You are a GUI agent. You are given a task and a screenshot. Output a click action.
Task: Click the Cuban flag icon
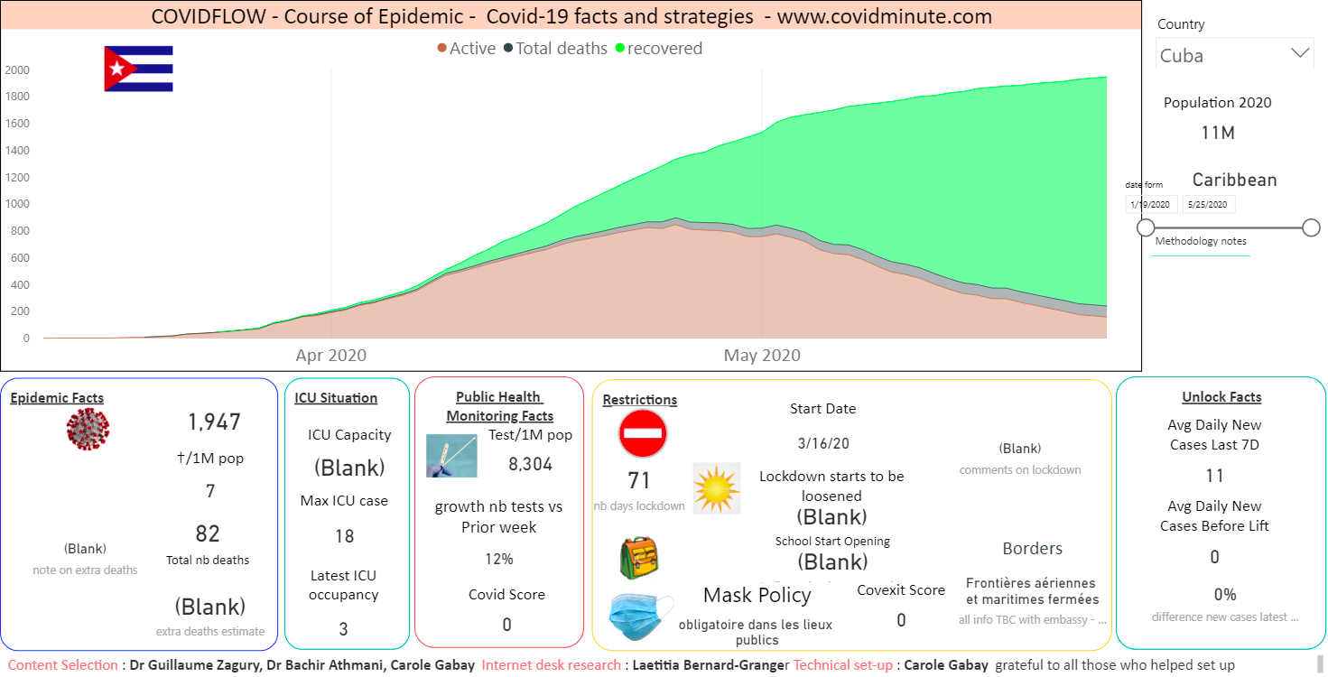pyautogui.click(x=138, y=69)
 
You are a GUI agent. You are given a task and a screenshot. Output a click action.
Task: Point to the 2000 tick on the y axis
pyautogui.click(x=17, y=70)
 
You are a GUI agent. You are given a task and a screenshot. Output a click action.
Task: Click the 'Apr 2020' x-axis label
pyautogui.click(x=331, y=356)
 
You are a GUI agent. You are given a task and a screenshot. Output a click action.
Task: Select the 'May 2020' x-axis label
pyautogui.click(x=762, y=356)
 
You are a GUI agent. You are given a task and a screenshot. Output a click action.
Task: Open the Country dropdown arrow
pyautogui.click(x=1300, y=53)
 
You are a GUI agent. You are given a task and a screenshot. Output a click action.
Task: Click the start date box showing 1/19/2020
pyautogui.click(x=1152, y=205)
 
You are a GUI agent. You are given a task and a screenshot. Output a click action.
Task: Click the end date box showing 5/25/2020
pyautogui.click(x=1209, y=205)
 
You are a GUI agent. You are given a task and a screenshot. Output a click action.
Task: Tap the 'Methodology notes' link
pyautogui.click(x=1201, y=241)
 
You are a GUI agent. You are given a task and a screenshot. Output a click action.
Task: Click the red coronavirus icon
pyautogui.click(x=88, y=428)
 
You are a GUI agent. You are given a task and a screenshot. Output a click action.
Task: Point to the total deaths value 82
pyautogui.click(x=208, y=533)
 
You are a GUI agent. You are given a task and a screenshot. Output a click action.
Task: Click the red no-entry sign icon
pyautogui.click(x=643, y=434)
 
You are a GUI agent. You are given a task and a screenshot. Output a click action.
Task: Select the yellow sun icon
pyautogui.click(x=717, y=488)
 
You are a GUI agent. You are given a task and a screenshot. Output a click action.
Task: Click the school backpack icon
pyautogui.click(x=639, y=557)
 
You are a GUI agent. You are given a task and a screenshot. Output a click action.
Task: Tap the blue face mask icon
pyautogui.click(x=640, y=617)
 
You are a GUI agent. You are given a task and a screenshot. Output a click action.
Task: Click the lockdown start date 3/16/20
pyautogui.click(x=823, y=443)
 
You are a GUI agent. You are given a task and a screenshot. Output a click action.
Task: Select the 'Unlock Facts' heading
pyautogui.click(x=1221, y=397)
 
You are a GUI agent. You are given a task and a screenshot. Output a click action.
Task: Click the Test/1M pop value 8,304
pyautogui.click(x=531, y=465)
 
